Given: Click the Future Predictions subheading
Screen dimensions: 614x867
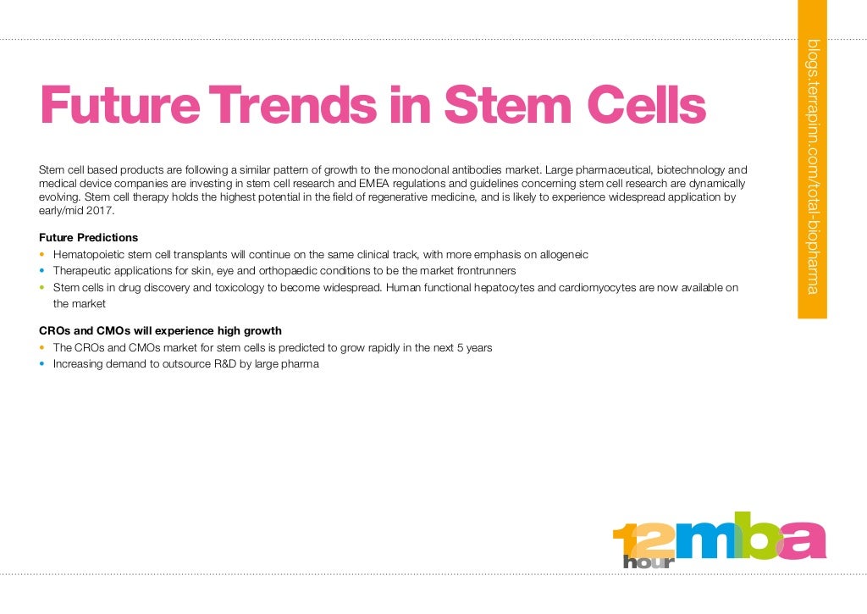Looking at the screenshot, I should point(89,237).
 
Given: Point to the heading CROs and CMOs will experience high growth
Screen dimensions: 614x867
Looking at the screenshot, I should point(161,331).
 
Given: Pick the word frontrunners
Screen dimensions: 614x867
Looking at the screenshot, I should point(487,271).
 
